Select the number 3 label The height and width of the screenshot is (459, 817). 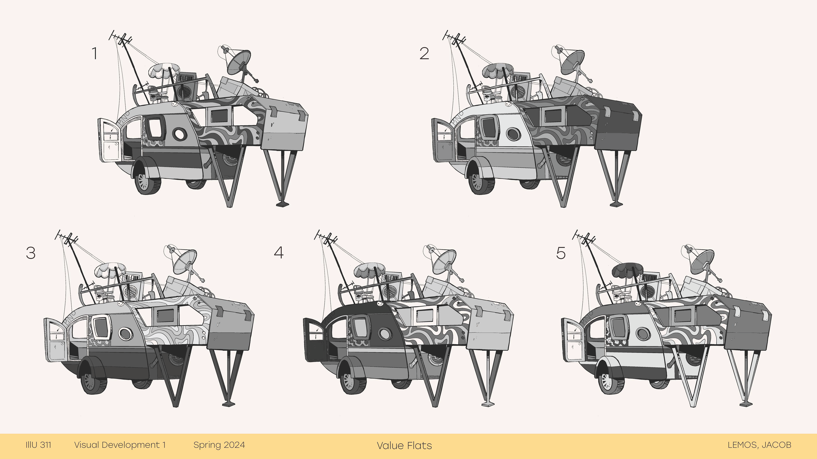(30, 253)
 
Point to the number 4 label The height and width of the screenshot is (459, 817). (279, 252)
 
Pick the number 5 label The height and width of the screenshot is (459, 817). (561, 253)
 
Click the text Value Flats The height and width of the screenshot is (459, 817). (404, 445)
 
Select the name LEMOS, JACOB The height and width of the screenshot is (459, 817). (759, 445)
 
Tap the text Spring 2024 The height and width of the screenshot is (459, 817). (219, 445)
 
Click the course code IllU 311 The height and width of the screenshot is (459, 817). (38, 445)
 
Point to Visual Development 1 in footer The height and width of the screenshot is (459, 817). (120, 445)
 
